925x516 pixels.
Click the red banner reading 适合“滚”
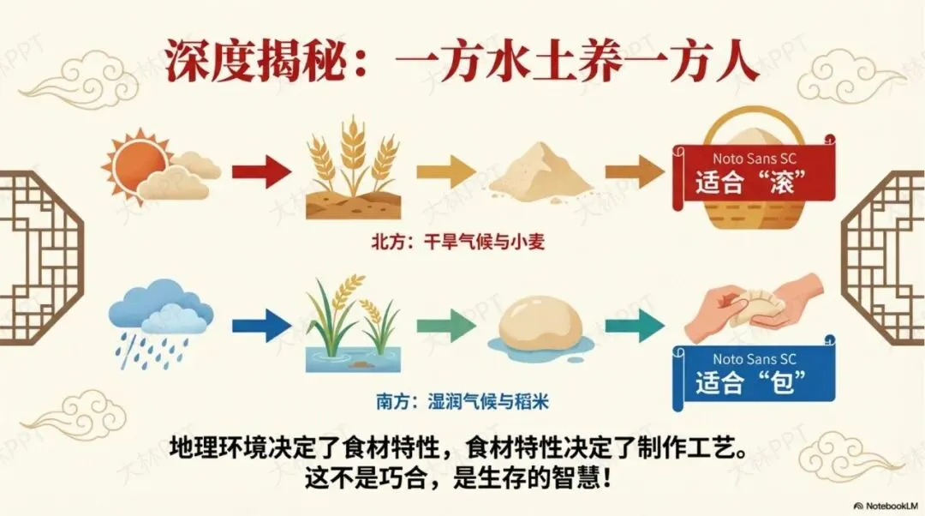click(x=754, y=175)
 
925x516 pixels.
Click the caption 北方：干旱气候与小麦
click(x=457, y=243)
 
